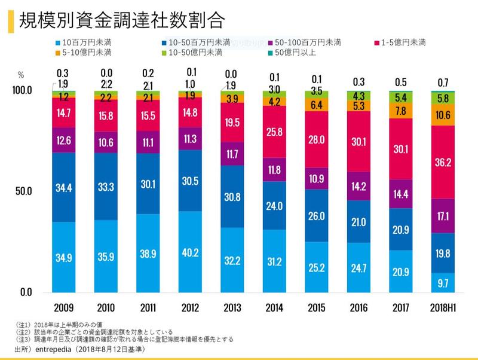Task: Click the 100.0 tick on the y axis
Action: pyautogui.click(x=22, y=90)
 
